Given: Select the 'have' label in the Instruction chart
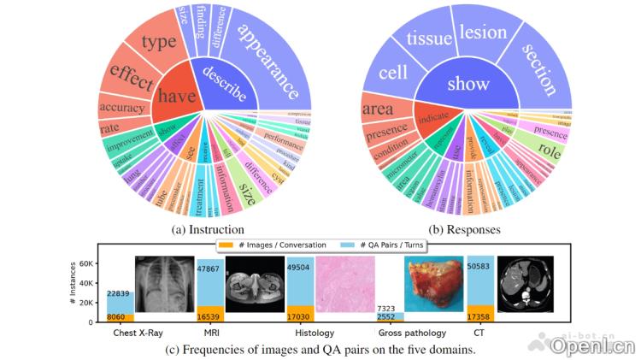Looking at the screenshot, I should coord(175,96).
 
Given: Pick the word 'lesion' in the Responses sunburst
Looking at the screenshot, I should coord(484,32).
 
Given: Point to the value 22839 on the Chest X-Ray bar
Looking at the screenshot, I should coord(120,294).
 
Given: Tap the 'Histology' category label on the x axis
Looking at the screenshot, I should coord(313,332).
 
